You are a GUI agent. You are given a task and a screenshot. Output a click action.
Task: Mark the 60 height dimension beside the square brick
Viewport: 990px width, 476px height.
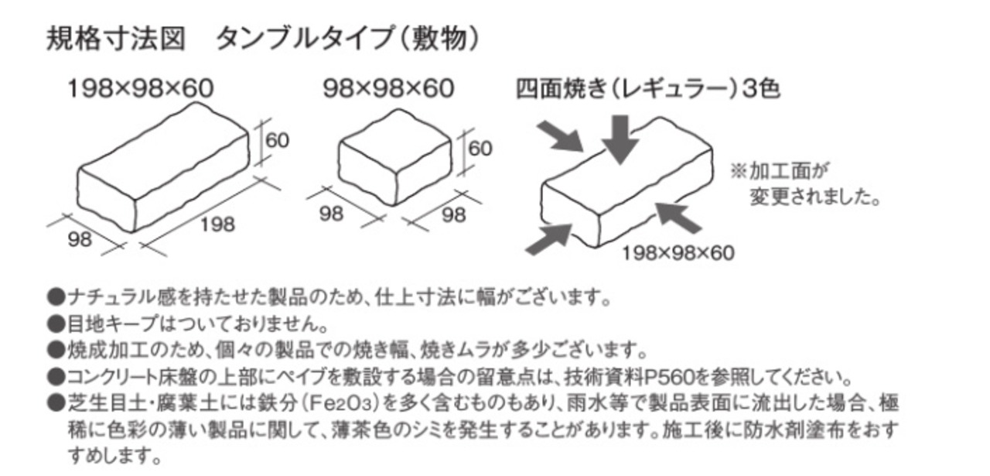480,148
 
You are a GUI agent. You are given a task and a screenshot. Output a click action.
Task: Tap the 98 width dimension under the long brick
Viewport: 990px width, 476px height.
80,239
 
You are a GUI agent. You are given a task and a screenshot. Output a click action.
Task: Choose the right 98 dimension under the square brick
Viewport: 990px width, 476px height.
453,214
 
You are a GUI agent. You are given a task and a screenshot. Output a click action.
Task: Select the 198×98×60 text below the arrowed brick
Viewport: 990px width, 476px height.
678,252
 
